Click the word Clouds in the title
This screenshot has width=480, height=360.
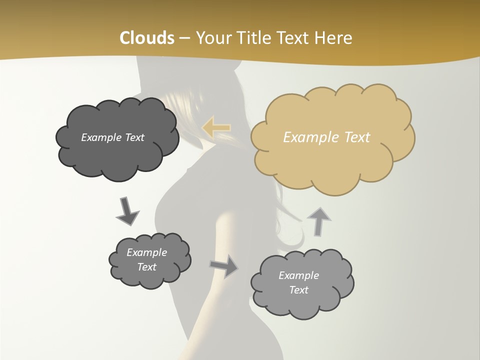(x=146, y=38)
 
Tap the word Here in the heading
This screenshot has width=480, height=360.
(x=334, y=38)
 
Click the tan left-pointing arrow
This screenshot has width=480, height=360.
(x=216, y=127)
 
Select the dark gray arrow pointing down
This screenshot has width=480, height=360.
(x=127, y=210)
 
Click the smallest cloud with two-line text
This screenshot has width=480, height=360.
(x=149, y=260)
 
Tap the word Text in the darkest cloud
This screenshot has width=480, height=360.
(x=134, y=137)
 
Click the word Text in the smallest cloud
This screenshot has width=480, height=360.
(x=147, y=267)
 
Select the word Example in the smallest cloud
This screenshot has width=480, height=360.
(x=147, y=252)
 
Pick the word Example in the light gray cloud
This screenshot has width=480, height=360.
(x=298, y=275)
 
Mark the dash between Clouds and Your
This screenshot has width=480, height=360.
(x=184, y=38)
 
